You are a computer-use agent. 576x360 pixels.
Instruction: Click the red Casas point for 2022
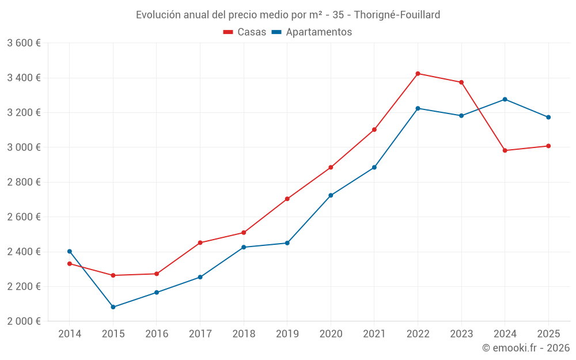tap(418, 74)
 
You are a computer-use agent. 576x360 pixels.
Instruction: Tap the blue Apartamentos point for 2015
tap(113, 307)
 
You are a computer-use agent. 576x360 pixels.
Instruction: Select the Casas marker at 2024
tap(505, 150)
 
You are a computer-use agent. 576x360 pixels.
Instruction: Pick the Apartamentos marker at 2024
tap(505, 99)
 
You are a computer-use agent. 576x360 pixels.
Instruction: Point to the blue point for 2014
tap(70, 251)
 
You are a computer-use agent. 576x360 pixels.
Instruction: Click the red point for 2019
tap(287, 199)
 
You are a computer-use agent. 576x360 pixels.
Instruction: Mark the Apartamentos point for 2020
tap(331, 195)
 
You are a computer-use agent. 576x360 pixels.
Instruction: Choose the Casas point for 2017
tap(200, 242)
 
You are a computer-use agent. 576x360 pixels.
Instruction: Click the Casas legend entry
tap(245, 32)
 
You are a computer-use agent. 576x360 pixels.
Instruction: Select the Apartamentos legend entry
tap(312, 32)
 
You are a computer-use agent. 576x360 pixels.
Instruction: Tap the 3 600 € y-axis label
tap(24, 43)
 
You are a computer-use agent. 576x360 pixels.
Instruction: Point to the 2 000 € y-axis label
tap(24, 321)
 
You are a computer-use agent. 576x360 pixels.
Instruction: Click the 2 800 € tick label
tap(24, 182)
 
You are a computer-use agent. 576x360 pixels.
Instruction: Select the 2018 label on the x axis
tap(244, 334)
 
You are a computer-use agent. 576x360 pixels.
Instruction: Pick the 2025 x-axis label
tap(548, 334)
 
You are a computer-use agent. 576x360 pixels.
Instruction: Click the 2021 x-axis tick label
tap(374, 334)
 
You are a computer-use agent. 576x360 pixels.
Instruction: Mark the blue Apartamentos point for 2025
tap(548, 117)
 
